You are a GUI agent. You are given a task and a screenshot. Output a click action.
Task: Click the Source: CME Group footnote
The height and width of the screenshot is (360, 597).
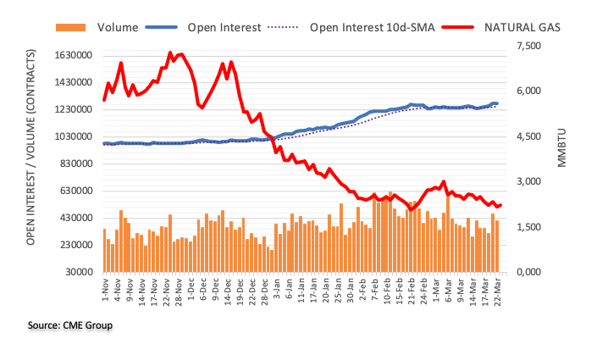[x=70, y=325]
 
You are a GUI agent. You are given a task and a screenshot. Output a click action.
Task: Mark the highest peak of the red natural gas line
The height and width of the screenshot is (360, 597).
[x=171, y=53]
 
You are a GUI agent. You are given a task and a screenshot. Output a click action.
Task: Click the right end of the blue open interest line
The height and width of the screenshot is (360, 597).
[x=497, y=103]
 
